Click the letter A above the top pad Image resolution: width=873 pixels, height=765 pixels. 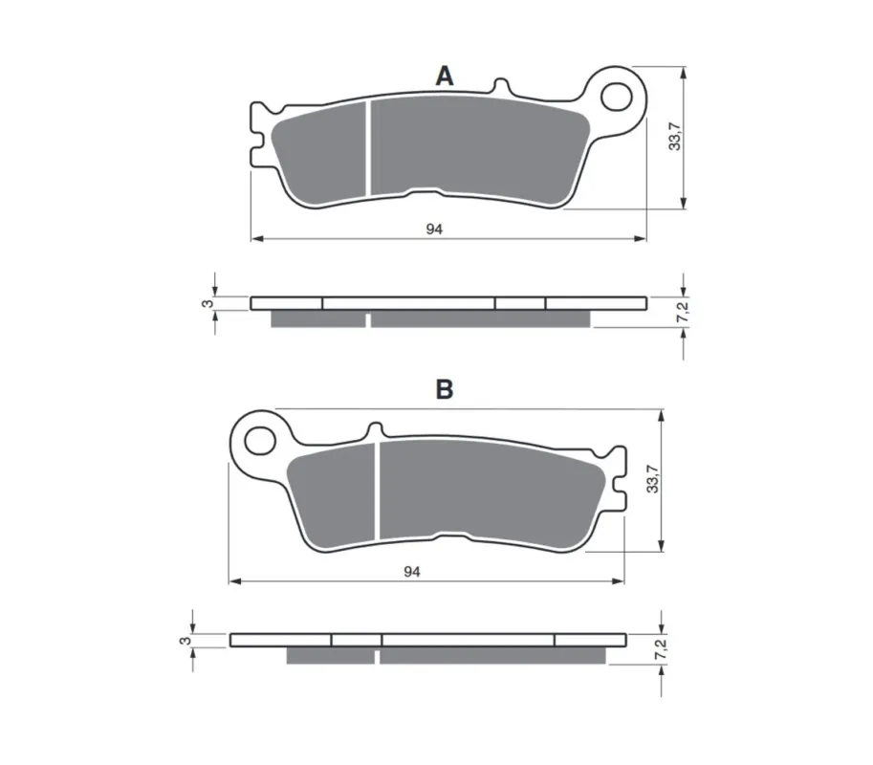click(x=445, y=76)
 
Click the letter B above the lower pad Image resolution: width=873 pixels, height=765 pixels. click(x=445, y=390)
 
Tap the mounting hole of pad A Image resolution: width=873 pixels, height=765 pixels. click(x=617, y=97)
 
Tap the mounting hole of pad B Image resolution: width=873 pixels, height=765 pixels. click(x=261, y=441)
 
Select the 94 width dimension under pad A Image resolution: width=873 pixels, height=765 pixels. click(x=434, y=229)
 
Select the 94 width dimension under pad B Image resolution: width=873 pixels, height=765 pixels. click(x=412, y=572)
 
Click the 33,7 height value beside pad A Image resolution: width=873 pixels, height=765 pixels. click(x=675, y=137)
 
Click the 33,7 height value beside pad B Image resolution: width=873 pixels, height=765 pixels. click(x=652, y=479)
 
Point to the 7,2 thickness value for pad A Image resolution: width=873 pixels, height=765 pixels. click(x=683, y=311)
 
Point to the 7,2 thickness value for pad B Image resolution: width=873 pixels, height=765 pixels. click(x=661, y=648)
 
